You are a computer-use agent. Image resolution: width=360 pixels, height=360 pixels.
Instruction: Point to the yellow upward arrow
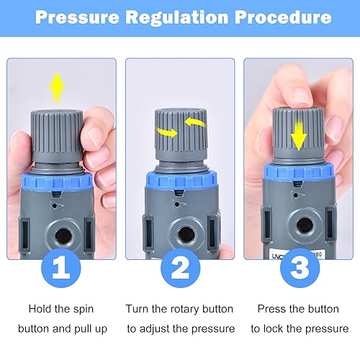coord(57,88)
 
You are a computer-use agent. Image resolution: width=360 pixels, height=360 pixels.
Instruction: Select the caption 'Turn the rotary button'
coord(179,309)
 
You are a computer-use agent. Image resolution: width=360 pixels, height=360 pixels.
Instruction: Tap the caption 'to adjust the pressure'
coord(181,328)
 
